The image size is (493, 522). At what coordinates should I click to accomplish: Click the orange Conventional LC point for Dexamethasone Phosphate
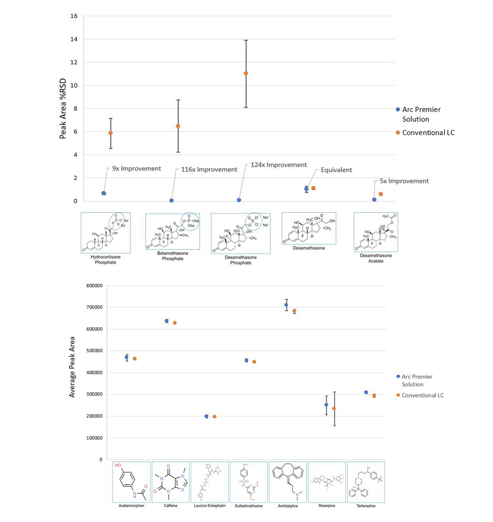tap(246, 73)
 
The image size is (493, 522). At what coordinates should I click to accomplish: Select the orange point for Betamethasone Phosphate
tap(178, 126)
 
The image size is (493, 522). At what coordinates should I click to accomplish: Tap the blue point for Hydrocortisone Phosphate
tap(104, 193)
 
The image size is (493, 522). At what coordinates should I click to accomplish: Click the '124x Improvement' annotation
tap(279, 165)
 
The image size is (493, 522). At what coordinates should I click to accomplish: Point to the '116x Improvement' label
tap(209, 169)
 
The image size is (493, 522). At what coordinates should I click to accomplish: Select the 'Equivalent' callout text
tap(336, 170)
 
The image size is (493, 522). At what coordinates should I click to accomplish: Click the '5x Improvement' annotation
tap(404, 181)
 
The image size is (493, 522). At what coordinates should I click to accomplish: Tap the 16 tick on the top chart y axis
tap(74, 16)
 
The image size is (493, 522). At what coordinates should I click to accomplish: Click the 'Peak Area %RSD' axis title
tap(63, 109)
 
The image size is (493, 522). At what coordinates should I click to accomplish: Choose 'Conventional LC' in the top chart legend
tap(428, 133)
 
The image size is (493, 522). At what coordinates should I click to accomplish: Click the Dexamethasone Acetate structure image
tap(376, 232)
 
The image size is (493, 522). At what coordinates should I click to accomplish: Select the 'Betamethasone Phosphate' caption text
tap(172, 256)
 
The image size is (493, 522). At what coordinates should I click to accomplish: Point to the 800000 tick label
tap(94, 286)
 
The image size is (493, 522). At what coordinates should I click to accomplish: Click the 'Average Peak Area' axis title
tap(72, 367)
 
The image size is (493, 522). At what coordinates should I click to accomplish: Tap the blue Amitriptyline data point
tap(286, 305)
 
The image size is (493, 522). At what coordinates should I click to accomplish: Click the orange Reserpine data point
tap(334, 408)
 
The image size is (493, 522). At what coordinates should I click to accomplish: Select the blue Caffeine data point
tap(167, 321)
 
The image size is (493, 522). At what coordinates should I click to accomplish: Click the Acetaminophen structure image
tap(131, 482)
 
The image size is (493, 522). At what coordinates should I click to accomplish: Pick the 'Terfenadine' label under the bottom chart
tap(366, 506)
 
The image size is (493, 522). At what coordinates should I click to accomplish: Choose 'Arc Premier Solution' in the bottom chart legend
tap(417, 380)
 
